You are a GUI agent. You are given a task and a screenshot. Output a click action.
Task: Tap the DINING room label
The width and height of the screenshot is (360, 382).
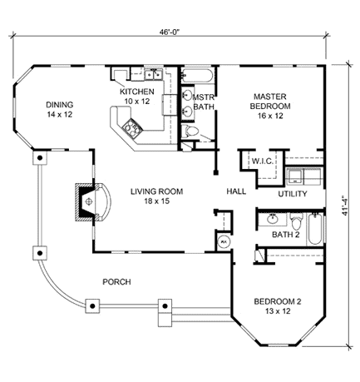coord(60,109)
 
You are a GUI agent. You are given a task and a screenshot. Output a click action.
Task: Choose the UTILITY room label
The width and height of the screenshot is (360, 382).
coord(293,194)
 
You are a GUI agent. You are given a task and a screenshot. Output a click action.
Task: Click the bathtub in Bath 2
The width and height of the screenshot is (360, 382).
coord(316,228)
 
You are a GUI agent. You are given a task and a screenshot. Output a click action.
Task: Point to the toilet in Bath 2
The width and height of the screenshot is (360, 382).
coord(295,221)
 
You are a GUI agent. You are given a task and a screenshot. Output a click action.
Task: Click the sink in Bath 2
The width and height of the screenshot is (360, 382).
coord(273,221)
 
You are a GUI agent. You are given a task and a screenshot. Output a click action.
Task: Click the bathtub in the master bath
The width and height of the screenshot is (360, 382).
coord(198,78)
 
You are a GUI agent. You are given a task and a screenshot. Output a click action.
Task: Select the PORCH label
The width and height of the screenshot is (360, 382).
coord(116,282)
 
